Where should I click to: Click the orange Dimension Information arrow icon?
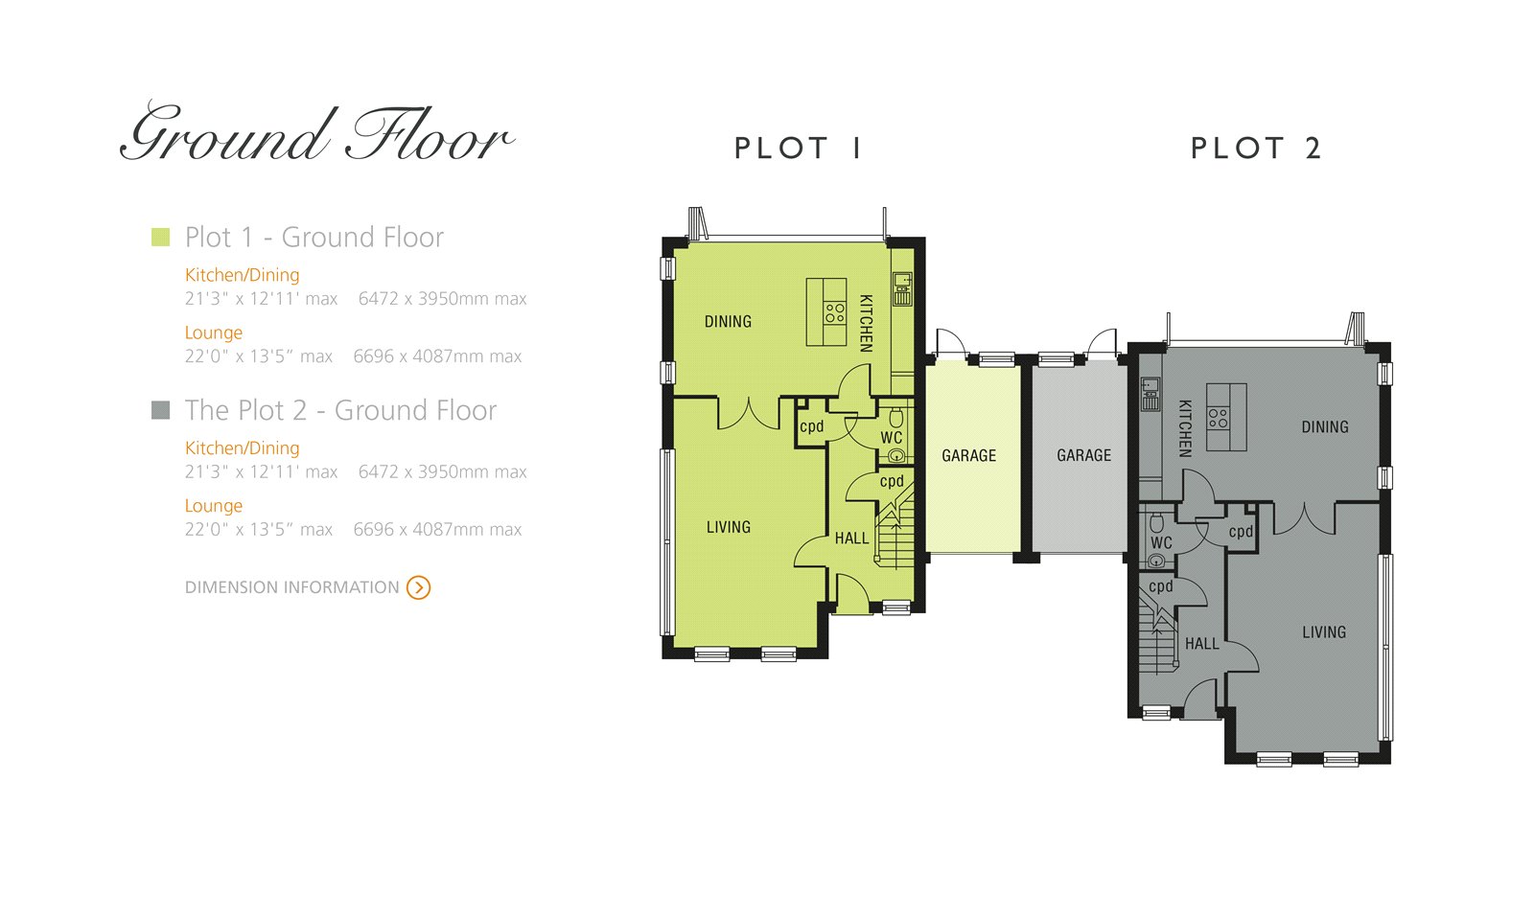pos(418,587)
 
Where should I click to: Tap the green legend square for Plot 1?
pos(160,237)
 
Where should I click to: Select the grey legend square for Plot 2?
pos(160,410)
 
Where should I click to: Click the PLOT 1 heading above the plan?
pos(798,149)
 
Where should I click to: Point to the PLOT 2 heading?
pos(1256,149)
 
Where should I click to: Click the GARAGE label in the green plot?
pos(969,456)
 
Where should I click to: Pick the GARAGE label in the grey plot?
pos(1084,456)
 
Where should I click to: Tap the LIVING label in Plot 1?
pos(729,527)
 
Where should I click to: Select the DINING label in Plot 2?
pos(1325,427)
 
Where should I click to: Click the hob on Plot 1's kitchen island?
pos(835,312)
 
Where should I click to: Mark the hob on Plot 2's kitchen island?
pos(1218,418)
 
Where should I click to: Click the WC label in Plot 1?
pos(892,437)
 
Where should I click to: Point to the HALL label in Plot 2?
pos(1202,644)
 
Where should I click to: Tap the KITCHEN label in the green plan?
pos(867,324)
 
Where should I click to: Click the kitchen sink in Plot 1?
pos(902,288)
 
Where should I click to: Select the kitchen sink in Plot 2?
pos(1150,394)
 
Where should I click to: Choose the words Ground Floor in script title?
pos(316,134)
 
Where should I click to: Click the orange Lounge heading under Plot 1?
pos(214,332)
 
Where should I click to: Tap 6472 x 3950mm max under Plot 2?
pos(442,472)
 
